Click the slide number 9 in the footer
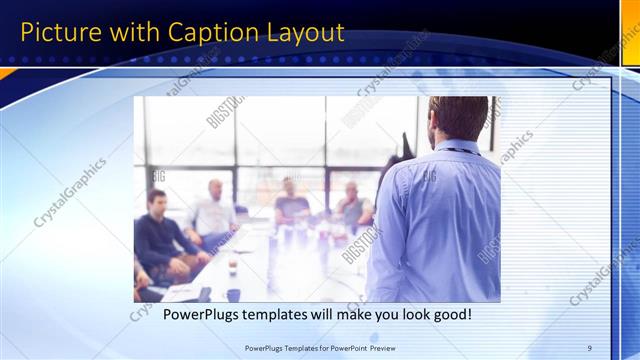click(590, 347)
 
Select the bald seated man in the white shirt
click(213, 210)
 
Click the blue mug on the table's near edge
click(233, 295)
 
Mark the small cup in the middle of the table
click(233, 268)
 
